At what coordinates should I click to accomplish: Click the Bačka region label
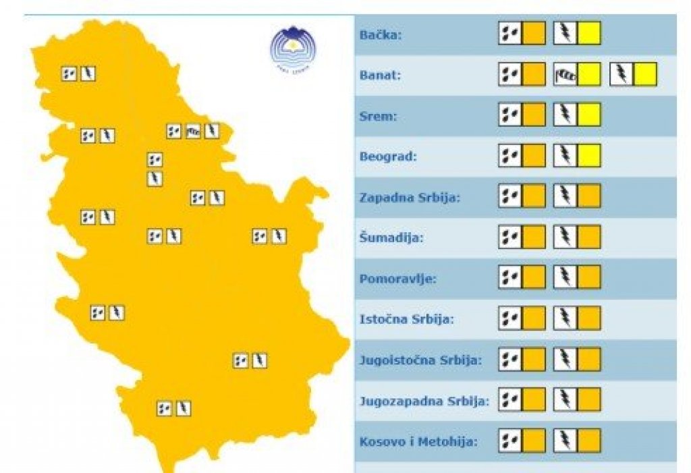click(381, 34)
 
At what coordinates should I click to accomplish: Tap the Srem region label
click(379, 116)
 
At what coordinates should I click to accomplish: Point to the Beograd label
click(388, 157)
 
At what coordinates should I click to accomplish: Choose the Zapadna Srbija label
click(410, 198)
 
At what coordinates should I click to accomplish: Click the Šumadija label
click(391, 238)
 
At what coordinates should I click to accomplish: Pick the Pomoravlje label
click(398, 278)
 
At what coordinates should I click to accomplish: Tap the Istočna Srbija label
click(406, 319)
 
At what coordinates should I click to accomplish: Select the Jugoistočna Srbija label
click(420, 360)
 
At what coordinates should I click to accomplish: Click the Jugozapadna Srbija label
click(424, 401)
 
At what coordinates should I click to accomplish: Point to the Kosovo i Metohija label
click(418, 442)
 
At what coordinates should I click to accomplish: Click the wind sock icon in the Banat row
click(565, 74)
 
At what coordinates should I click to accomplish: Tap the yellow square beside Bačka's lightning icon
click(589, 33)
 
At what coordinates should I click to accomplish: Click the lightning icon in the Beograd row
click(565, 156)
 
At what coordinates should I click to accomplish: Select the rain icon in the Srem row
click(510, 115)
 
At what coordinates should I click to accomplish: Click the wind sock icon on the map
click(193, 131)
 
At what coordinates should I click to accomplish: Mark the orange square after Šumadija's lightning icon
click(589, 237)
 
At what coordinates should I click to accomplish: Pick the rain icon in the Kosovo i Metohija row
click(510, 441)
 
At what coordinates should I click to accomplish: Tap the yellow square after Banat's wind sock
click(589, 74)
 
